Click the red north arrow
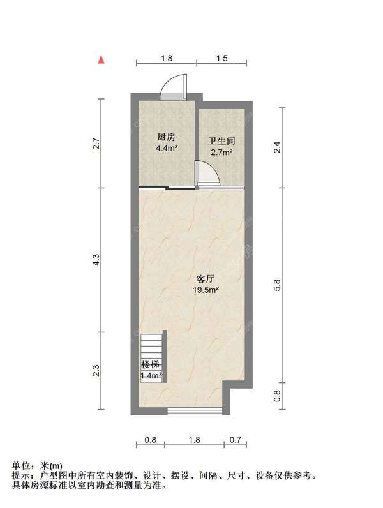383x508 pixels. pos(101,60)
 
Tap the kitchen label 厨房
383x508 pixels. pos(166,137)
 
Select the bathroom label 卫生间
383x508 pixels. pos(222,141)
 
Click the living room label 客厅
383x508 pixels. pos(206,279)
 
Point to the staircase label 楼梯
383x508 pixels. pos(151,364)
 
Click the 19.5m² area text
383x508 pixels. pos(206,290)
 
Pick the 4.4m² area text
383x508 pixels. pos(167,149)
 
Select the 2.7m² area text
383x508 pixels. pos(222,153)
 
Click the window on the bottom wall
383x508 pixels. pos(195,412)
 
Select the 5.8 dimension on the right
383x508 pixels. pos(277,285)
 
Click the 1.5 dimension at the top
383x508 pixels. pos(222,58)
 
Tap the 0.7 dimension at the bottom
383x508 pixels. pos(236,440)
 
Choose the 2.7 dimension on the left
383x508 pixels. pos(96,144)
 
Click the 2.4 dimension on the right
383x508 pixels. pos(277,147)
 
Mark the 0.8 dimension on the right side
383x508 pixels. pos(277,396)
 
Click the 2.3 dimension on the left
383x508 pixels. pos(96,371)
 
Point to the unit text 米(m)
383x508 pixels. pos(51,466)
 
